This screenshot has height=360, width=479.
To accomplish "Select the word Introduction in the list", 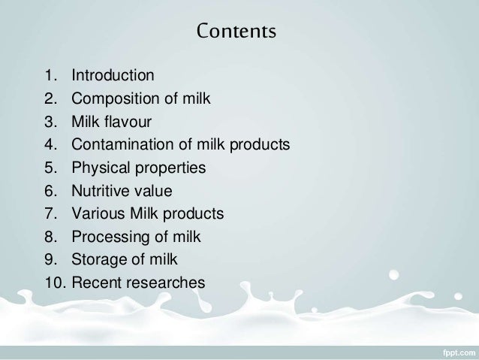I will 113,76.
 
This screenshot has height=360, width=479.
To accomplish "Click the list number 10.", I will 53,283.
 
